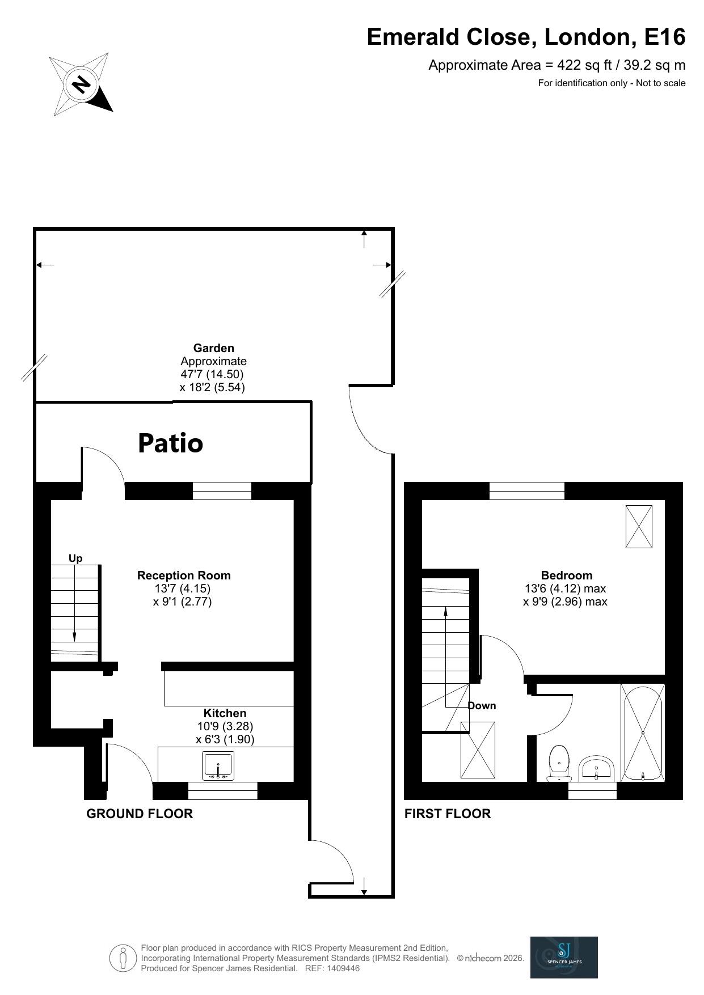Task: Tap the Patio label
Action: pos(170,443)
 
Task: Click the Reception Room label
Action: pos(184,575)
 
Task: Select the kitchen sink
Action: pos(218,765)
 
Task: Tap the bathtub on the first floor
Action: pos(643,733)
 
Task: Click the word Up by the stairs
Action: pos(75,558)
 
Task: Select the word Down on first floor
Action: pos(482,706)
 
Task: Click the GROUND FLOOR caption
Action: pos(140,814)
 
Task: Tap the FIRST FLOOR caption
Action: pos(447,814)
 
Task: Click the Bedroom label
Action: pos(566,575)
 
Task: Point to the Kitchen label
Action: pos(225,713)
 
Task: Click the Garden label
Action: pos(213,348)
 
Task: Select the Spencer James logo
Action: pos(563,958)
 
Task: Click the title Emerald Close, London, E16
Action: pos(526,37)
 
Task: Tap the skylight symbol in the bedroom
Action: pos(638,526)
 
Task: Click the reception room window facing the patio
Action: pos(222,491)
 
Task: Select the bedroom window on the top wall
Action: pos(526,491)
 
